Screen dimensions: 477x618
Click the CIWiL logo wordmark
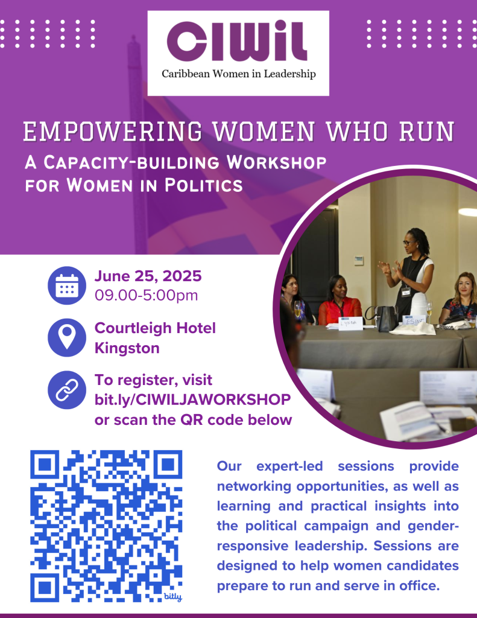[237, 42]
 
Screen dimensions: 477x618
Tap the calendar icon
[67, 285]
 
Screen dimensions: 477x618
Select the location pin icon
[67, 337]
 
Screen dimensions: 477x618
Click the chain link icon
[67, 390]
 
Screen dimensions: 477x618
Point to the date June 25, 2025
[148, 276]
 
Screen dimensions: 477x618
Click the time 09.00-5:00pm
[146, 296]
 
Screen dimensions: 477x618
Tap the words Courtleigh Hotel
[155, 328]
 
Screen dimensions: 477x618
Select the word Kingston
[127, 348]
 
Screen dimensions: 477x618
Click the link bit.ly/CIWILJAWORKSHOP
[192, 400]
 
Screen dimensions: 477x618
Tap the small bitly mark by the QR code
[173, 597]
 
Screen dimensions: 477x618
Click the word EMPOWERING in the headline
[113, 132]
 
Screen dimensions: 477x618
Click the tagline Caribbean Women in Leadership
[239, 74]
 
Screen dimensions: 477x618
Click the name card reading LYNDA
[350, 323]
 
